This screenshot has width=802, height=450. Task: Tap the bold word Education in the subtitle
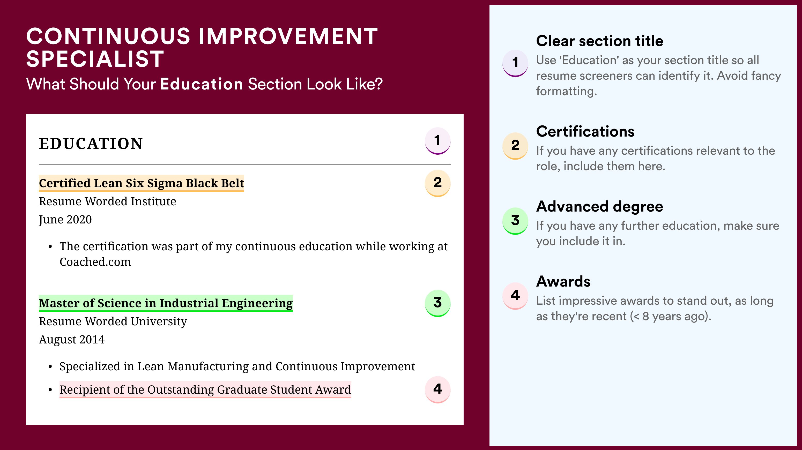pyautogui.click(x=202, y=84)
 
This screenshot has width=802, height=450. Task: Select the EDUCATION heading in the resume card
pyautogui.click(x=91, y=144)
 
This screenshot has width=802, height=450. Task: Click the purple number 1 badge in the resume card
pyautogui.click(x=437, y=141)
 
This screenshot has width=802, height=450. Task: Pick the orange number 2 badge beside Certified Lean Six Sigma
pyautogui.click(x=437, y=183)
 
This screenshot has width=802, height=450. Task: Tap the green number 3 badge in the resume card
pyautogui.click(x=437, y=303)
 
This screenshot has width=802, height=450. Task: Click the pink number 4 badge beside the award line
pyautogui.click(x=437, y=389)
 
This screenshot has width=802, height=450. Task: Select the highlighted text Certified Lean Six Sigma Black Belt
pyautogui.click(x=141, y=183)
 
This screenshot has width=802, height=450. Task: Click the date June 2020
pyautogui.click(x=65, y=220)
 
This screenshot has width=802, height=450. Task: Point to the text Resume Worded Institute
pyautogui.click(x=107, y=201)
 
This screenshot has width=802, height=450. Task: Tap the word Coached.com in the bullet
pyautogui.click(x=95, y=262)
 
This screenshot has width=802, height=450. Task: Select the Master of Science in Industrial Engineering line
pyautogui.click(x=166, y=303)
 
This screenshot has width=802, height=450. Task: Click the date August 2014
pyautogui.click(x=72, y=340)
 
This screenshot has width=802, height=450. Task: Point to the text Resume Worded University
pyautogui.click(x=113, y=321)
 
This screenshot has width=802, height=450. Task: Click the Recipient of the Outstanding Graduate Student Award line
pyautogui.click(x=205, y=390)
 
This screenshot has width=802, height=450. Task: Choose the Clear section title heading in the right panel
pyautogui.click(x=600, y=41)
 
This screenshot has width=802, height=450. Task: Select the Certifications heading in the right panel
pyautogui.click(x=585, y=131)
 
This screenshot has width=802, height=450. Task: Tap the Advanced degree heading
pyautogui.click(x=600, y=207)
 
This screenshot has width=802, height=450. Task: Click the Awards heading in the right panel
pyautogui.click(x=563, y=281)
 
